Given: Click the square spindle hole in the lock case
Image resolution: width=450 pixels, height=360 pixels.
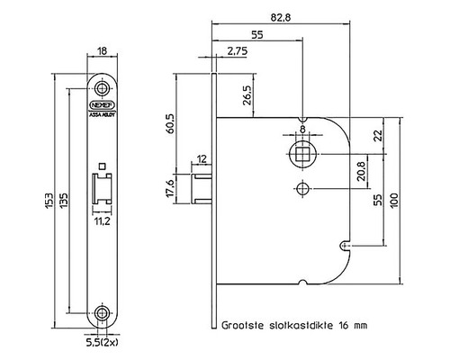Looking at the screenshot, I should tap(302, 154).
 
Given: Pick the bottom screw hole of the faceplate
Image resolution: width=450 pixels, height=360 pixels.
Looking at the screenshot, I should tap(103, 315).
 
